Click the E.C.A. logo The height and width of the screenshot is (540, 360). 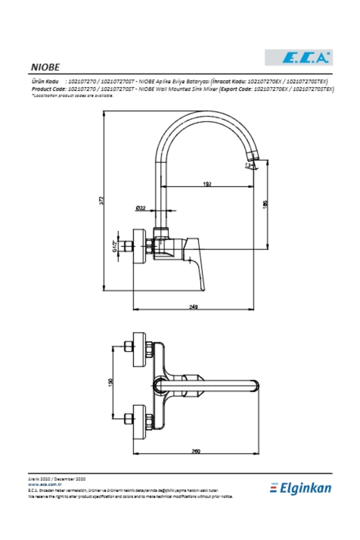click(298, 57)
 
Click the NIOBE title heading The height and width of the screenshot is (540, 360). click(45, 67)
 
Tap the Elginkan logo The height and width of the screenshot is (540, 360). click(301, 488)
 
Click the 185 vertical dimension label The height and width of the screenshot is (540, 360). click(265, 204)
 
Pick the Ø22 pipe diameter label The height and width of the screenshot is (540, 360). click(140, 208)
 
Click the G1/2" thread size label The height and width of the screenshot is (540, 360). click(115, 247)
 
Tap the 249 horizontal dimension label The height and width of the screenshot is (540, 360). click(193, 307)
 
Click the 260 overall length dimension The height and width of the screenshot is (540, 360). click(196, 451)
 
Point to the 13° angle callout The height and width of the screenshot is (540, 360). click(248, 165)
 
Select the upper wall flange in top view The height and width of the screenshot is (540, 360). click(139, 349)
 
